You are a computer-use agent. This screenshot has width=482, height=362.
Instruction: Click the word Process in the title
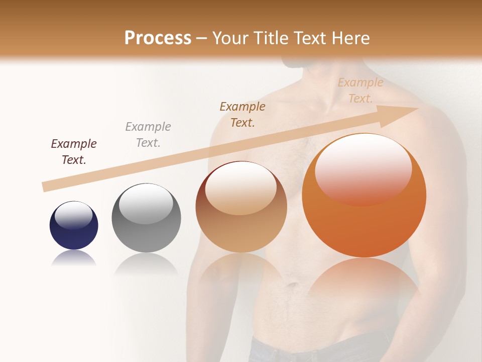(x=158, y=38)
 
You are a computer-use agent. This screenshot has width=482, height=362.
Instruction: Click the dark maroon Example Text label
(x=74, y=152)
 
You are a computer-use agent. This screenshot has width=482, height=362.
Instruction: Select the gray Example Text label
(x=148, y=135)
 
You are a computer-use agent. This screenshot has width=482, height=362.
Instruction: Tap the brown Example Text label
(x=243, y=115)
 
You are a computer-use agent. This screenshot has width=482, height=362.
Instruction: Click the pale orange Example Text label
(x=360, y=90)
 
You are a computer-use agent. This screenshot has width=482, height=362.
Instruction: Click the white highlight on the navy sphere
(x=73, y=215)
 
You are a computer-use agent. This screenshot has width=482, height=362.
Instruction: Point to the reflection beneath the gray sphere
(x=146, y=264)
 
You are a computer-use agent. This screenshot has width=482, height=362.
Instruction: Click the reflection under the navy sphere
(x=74, y=258)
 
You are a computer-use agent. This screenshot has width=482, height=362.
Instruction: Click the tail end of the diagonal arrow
(x=45, y=187)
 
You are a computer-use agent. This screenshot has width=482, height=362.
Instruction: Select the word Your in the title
(x=229, y=38)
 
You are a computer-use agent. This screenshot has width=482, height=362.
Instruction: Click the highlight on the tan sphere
(x=241, y=189)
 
